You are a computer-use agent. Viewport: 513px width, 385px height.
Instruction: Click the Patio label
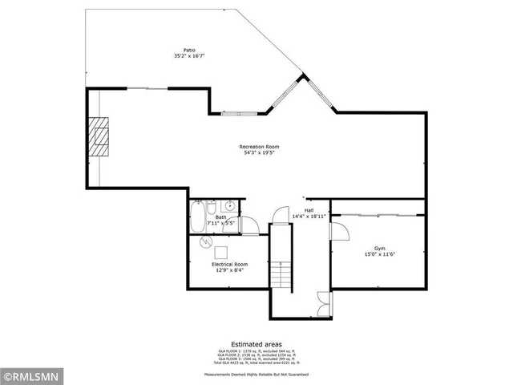click(188, 50)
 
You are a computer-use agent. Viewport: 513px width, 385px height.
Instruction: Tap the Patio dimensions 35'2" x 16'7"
click(188, 56)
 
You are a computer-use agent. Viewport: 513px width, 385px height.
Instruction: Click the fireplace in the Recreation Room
click(99, 136)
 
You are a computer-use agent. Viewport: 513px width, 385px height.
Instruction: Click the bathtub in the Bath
click(196, 217)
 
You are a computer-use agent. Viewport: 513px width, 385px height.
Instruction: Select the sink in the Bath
click(229, 206)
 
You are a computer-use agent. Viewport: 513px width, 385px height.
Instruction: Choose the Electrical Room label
click(229, 264)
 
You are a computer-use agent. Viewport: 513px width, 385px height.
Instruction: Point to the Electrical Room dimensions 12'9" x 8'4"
click(229, 270)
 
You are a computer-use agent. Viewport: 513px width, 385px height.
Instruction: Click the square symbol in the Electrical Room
click(220, 250)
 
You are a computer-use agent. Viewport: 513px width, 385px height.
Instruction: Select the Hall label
click(309, 210)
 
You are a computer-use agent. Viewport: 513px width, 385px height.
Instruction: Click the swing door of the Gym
click(337, 231)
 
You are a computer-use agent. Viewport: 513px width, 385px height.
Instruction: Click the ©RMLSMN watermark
click(30, 375)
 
